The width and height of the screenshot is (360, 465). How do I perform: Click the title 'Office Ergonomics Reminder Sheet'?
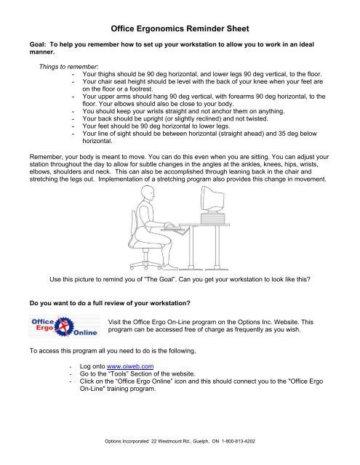pyautogui.click(x=180, y=30)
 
